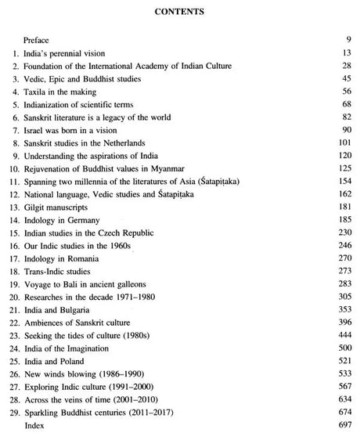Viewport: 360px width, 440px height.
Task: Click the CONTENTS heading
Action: pos(179,12)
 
